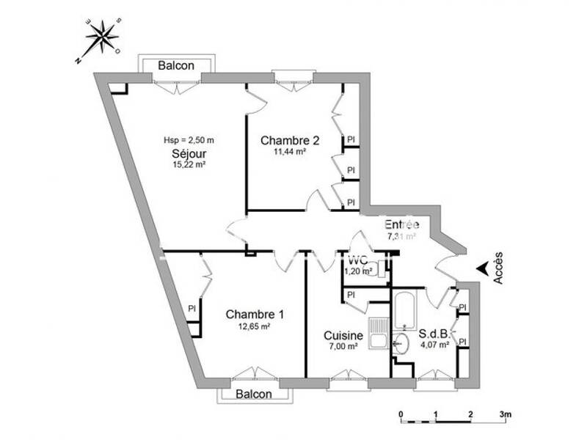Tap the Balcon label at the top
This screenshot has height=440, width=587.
click(x=177, y=65)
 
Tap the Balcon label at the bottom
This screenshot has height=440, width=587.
click(x=254, y=394)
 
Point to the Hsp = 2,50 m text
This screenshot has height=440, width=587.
click(x=189, y=140)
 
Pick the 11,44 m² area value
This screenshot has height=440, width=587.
click(x=290, y=153)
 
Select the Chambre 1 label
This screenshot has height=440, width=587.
click(x=255, y=314)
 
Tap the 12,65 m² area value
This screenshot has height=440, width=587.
click(x=255, y=327)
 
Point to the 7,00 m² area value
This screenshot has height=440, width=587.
click(x=342, y=347)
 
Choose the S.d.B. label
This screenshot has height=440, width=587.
click(x=434, y=334)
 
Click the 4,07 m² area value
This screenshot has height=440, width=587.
click(x=434, y=345)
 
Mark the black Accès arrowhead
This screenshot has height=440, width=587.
click(x=482, y=269)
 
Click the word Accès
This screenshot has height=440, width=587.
click(x=499, y=268)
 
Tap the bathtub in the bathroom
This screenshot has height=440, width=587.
click(x=405, y=311)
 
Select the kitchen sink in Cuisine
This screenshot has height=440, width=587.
click(x=379, y=333)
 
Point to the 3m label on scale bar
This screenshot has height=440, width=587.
click(x=506, y=414)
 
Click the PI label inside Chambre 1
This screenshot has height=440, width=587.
click(x=192, y=308)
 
